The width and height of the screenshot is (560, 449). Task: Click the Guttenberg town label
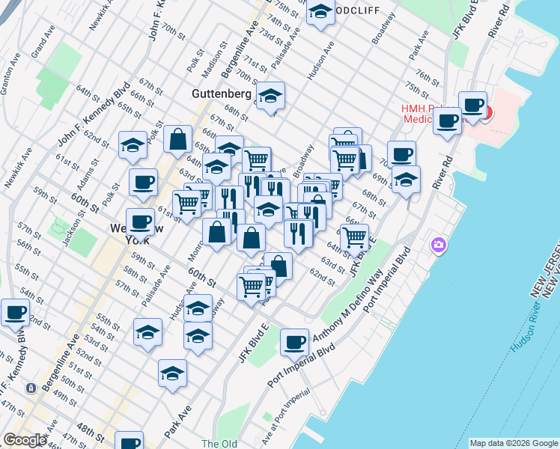tap(221, 94)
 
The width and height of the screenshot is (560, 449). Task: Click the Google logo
tap(25, 440)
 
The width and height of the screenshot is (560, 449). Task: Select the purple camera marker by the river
tap(439, 245)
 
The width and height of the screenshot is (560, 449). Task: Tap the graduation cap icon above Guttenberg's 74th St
tap(320, 12)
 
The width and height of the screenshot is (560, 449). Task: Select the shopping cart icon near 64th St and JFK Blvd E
tap(355, 236)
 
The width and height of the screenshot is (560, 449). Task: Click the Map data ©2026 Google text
tap(513, 442)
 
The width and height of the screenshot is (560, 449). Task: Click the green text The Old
tap(219, 444)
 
